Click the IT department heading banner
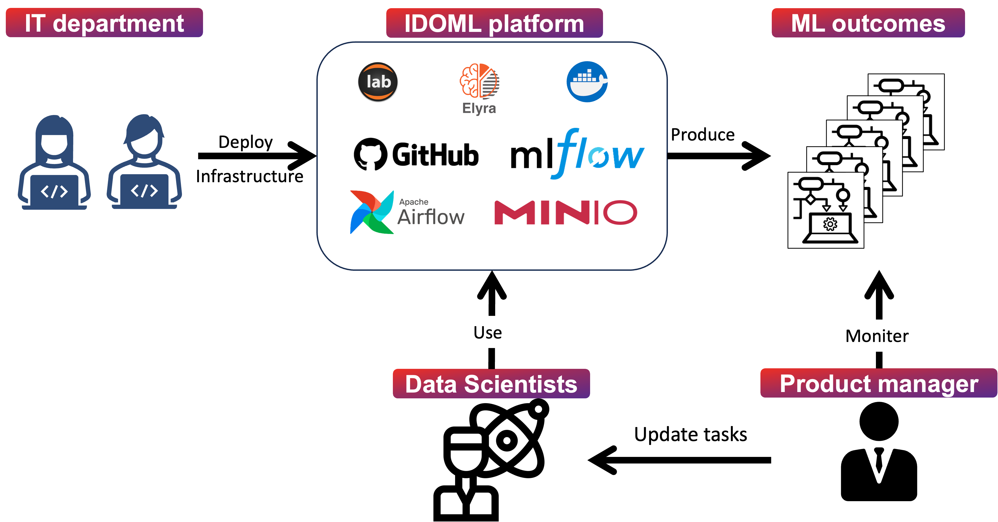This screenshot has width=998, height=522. (x=104, y=22)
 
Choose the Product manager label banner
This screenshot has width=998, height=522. (x=879, y=383)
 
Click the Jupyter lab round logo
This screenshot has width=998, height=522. (x=378, y=82)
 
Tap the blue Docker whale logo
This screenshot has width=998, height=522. (x=587, y=82)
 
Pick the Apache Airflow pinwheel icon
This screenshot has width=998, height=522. (x=372, y=212)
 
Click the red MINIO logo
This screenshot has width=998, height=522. (x=566, y=212)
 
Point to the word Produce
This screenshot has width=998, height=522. (x=703, y=135)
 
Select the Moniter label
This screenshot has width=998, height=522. (x=877, y=336)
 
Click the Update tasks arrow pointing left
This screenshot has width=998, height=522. (x=679, y=460)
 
